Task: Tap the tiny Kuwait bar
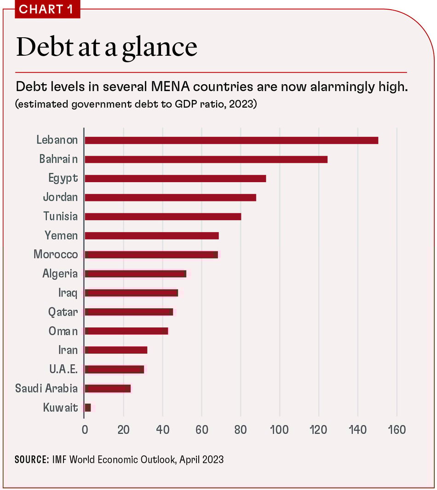point(88,407)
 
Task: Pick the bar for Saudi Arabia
point(108,388)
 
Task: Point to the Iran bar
point(116,350)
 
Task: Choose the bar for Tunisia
point(163,216)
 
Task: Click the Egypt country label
point(63,178)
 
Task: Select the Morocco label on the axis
point(56,254)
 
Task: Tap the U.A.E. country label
point(63,369)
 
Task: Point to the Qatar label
point(63,312)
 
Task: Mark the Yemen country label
point(61,236)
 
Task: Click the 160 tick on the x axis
point(397,430)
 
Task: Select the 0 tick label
point(85,430)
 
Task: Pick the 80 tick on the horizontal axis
point(241,430)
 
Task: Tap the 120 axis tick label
point(318,430)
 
